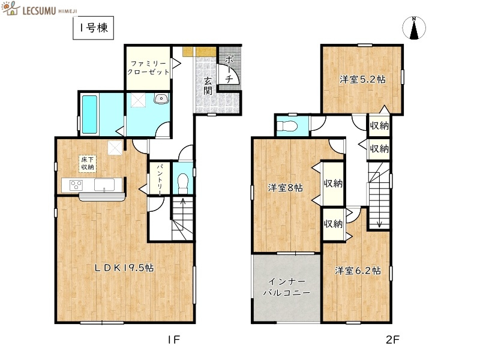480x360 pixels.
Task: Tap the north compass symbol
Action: point(414,29)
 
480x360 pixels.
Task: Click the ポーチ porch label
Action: point(229,68)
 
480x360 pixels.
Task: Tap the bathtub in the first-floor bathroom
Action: point(89,114)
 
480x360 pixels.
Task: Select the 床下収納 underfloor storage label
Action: point(88,163)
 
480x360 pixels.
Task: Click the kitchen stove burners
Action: point(76,185)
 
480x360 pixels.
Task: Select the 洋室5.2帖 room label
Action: point(362,79)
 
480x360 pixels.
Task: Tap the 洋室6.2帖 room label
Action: point(358,270)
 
